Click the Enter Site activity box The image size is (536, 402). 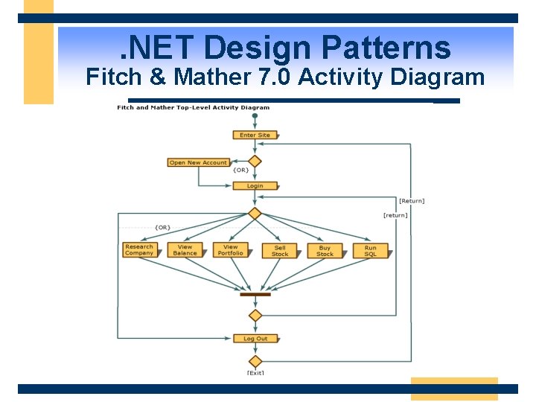tap(255, 135)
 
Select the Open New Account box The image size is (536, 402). tap(198, 162)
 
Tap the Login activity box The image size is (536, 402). tap(255, 186)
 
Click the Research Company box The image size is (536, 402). tap(139, 250)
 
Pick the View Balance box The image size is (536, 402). tap(185, 250)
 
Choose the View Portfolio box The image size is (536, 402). tap(231, 250)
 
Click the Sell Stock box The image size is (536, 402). tap(280, 251)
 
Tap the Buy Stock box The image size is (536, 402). tap(325, 251)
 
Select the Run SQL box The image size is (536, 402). tap(371, 251)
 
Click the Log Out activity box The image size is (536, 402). tap(255, 339)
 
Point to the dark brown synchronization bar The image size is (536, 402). tap(255, 294)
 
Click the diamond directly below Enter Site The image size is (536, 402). tap(255, 161)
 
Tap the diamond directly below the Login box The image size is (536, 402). tap(255, 214)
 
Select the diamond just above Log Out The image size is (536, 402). tap(255, 316)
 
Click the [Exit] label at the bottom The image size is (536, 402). tap(255, 372)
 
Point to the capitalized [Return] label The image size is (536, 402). tap(412, 201)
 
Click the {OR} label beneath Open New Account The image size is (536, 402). tap(240, 170)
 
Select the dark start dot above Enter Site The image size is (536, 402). tap(255, 116)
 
